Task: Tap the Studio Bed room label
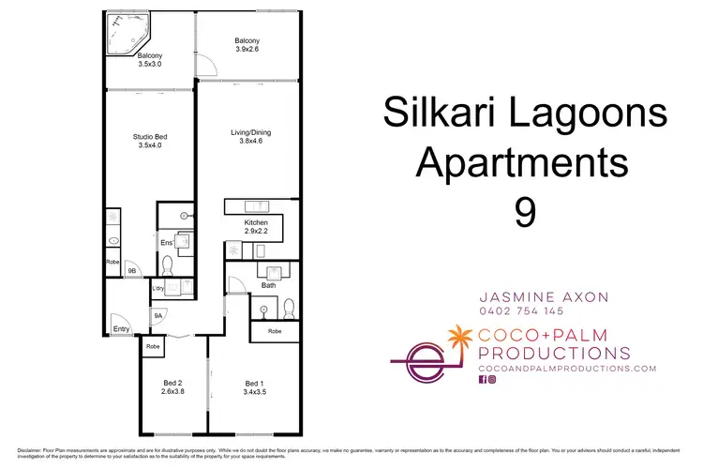coord(150,141)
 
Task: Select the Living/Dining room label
coord(251,136)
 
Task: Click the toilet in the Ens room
coord(184,242)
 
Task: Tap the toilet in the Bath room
coord(289,307)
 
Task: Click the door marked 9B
coord(132,270)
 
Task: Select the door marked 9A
coord(157,317)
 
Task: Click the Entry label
coord(121,328)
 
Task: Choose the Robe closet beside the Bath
coord(275,331)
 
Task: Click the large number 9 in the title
coord(525,210)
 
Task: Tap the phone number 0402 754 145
coord(520,310)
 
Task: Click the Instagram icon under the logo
coord(493,380)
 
